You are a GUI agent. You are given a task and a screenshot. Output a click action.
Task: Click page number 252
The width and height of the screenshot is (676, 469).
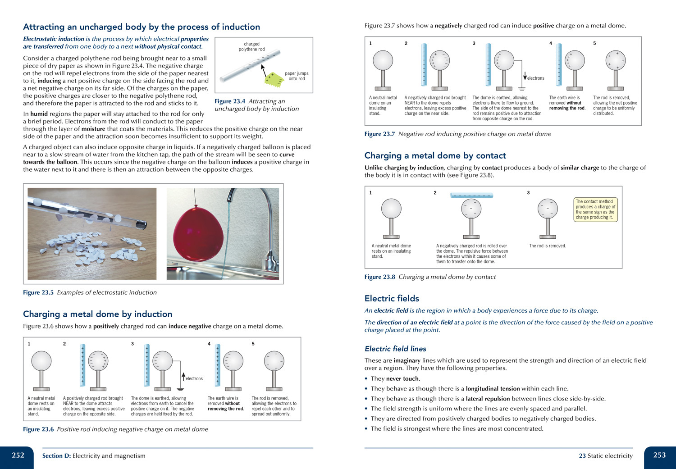(18, 455)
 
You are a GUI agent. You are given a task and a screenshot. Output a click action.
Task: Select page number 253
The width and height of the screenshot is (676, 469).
(659, 455)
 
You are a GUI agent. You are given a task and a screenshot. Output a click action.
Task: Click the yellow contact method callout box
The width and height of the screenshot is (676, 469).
(595, 209)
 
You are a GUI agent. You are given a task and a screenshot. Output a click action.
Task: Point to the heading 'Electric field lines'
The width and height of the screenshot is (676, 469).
(395, 349)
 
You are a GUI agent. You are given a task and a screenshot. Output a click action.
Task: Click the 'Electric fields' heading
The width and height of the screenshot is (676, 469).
(392, 298)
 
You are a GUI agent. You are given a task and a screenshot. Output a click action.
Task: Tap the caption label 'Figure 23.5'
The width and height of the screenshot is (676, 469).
(38, 292)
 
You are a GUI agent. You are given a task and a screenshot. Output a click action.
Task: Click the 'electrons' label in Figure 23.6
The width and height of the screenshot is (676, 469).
(194, 379)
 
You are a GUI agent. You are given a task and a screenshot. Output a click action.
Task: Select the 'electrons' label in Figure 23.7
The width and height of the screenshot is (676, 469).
(535, 78)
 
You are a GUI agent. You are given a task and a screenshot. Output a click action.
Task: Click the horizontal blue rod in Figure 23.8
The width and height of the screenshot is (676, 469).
(471, 196)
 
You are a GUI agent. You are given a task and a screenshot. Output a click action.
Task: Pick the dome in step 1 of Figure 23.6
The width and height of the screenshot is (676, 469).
(41, 361)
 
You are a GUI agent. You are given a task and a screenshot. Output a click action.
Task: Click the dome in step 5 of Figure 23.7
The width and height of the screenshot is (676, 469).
(615, 60)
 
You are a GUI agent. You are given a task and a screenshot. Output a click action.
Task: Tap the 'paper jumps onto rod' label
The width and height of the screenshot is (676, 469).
(297, 76)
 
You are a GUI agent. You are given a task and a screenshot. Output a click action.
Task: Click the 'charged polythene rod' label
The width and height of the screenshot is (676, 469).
(251, 47)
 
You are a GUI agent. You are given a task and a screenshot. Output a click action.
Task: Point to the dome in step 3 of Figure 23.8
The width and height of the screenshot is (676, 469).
(548, 209)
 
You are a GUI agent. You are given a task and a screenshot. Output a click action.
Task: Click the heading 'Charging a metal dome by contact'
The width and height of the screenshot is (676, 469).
(435, 155)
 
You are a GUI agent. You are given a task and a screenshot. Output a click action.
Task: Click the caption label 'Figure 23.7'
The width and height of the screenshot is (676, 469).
(379, 134)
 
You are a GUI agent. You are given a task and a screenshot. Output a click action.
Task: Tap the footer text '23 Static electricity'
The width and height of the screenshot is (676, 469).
(605, 456)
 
